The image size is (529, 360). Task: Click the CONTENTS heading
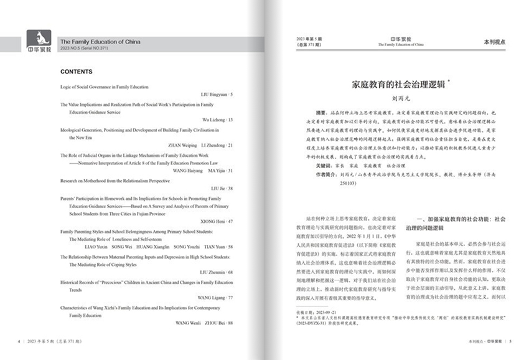click(x=77, y=72)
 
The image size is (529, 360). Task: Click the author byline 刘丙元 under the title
click(x=398, y=98)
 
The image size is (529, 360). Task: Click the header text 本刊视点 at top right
click(x=495, y=41)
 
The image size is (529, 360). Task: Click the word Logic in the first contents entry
click(x=67, y=87)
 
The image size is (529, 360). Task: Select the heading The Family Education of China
click(x=100, y=42)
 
